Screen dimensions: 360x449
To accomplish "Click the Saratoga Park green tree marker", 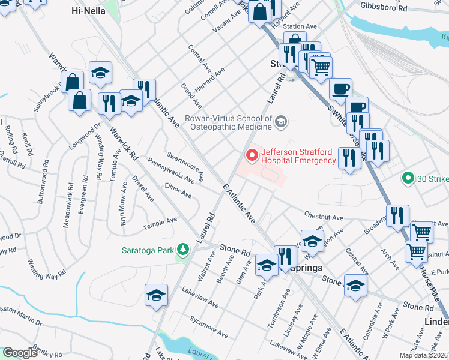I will coord(184,248).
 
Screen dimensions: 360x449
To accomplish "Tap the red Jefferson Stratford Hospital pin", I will coord(252,155).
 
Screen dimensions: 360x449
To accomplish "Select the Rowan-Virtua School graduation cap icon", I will coord(280,123).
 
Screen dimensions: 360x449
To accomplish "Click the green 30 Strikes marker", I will coord(408,178).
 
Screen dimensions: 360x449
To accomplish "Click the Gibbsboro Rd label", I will coord(384,5).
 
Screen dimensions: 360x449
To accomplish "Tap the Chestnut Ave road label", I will coord(323,217).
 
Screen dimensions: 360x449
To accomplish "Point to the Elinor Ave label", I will coord(178,190).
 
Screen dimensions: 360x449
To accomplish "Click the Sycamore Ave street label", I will coord(208,325).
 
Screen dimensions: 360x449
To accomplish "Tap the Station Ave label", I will coord(300,26).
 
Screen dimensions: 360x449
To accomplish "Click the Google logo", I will coord(20,353).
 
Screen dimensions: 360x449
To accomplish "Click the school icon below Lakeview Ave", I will coord(156,295).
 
